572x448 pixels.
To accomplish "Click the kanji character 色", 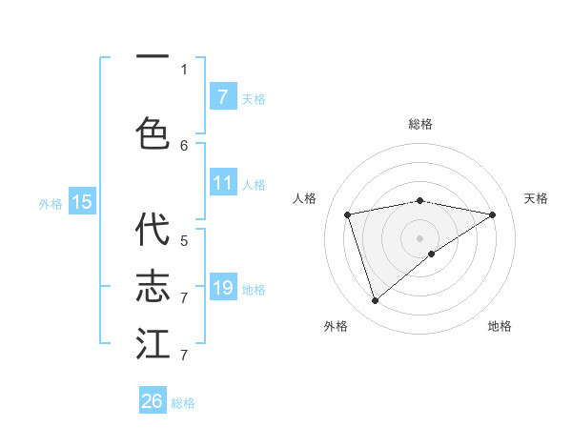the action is [153, 132].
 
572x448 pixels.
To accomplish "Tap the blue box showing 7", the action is [222, 96].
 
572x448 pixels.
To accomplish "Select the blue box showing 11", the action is [222, 183].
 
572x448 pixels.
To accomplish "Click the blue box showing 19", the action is [222, 288].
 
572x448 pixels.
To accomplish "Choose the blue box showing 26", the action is [153, 401].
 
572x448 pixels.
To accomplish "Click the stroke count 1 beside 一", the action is [184, 69].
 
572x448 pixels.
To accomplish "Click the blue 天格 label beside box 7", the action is [254, 98].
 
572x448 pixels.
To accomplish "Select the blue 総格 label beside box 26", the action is [183, 403].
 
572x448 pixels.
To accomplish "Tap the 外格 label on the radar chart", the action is [336, 326].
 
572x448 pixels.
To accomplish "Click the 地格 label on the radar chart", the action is [500, 326].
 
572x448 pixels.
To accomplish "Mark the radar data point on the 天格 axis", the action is [492, 214].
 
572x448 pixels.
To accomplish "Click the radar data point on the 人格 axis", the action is [348, 214].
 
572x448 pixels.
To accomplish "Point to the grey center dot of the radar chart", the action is [419, 237].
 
